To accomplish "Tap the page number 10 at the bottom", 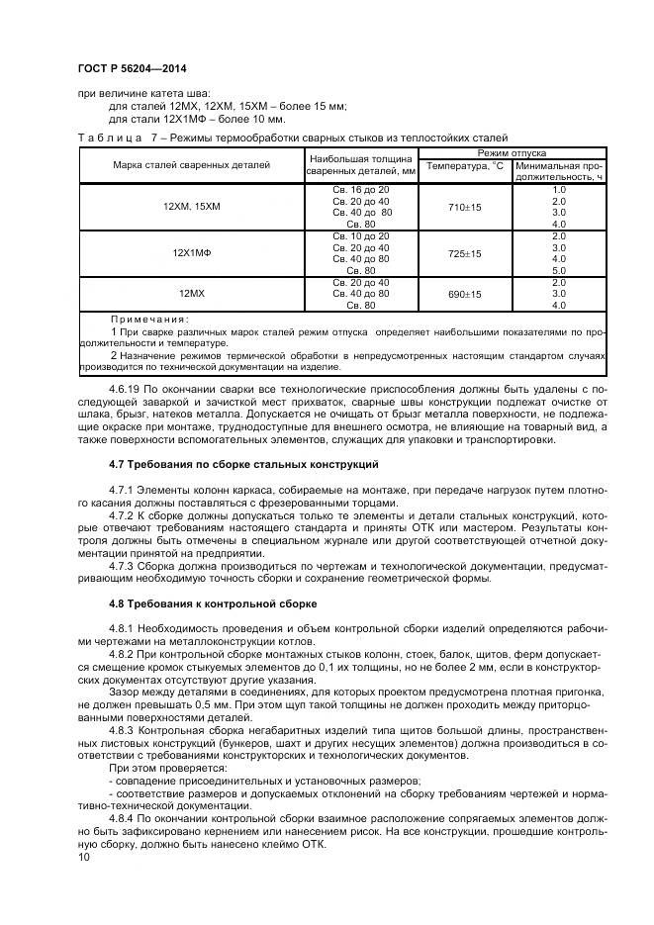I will (82, 858).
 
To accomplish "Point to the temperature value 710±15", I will (464, 207).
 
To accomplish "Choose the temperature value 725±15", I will (464, 253).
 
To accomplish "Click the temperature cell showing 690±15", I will (464, 294).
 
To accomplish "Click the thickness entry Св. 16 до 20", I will (361, 189).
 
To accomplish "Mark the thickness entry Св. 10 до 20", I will (361, 235).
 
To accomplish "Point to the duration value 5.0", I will (558, 270).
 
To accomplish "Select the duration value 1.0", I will (558, 189).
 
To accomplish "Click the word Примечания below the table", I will (148, 319).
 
